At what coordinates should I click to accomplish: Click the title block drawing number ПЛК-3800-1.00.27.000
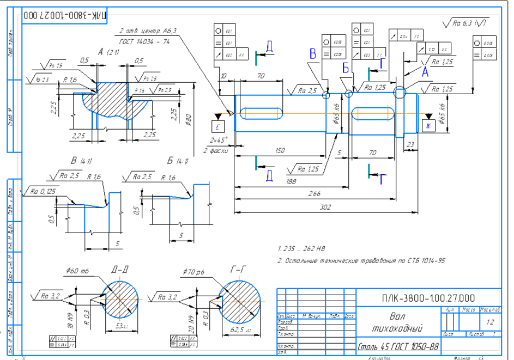point(428,297)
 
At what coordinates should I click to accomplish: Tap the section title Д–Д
point(120,269)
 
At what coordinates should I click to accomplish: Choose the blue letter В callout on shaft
point(313,53)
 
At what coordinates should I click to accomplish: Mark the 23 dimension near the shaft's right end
point(409,144)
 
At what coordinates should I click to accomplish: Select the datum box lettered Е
point(218,126)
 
